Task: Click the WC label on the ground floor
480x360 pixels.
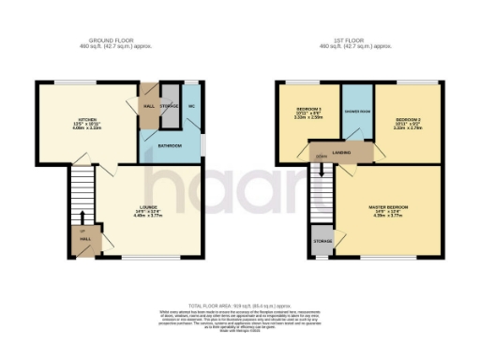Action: (190, 105)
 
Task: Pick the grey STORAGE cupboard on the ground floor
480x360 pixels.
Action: (170, 105)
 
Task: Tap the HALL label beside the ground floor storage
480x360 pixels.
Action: (148, 106)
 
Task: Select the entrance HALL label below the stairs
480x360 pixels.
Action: (84, 240)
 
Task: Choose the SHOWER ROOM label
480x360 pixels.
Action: (356, 114)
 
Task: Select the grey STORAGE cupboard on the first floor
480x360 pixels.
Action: (322, 241)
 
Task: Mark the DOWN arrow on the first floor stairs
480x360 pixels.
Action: (322, 156)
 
